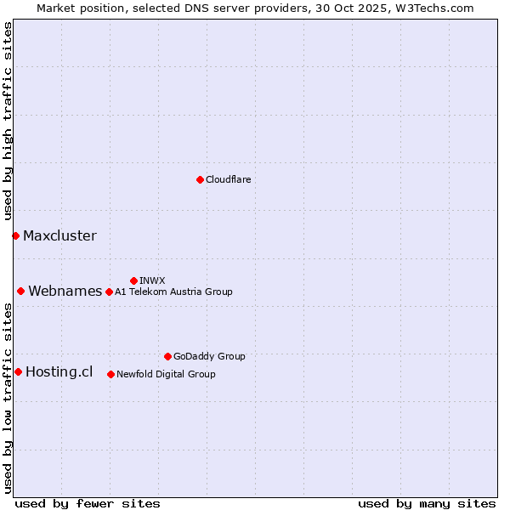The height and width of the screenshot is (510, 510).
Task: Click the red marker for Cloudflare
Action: click(200, 179)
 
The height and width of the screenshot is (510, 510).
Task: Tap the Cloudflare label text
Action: click(229, 179)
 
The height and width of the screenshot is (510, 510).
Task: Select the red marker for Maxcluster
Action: click(15, 235)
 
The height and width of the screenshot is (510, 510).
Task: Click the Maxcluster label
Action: click(59, 236)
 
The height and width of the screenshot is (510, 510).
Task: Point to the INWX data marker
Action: click(133, 280)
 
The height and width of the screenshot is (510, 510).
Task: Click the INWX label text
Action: click(152, 280)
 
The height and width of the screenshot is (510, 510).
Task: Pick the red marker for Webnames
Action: click(20, 291)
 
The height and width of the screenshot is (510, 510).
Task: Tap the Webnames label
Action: click(65, 292)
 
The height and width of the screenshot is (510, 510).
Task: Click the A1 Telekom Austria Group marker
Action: click(109, 292)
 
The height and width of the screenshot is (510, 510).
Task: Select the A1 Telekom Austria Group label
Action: click(173, 292)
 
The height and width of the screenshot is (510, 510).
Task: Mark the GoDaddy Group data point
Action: click(167, 356)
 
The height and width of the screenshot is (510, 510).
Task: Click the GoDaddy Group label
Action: click(209, 356)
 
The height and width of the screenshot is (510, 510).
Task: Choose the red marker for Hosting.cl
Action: click(18, 371)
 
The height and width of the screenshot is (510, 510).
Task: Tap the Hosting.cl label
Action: click(59, 372)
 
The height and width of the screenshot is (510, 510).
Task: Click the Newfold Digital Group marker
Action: click(110, 374)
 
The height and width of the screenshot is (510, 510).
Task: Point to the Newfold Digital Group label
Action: click(166, 374)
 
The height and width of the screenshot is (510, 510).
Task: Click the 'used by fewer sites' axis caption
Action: click(88, 503)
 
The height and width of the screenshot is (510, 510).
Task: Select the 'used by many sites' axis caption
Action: click(427, 503)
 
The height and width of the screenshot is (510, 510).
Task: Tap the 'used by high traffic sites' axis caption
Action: click(8, 122)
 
